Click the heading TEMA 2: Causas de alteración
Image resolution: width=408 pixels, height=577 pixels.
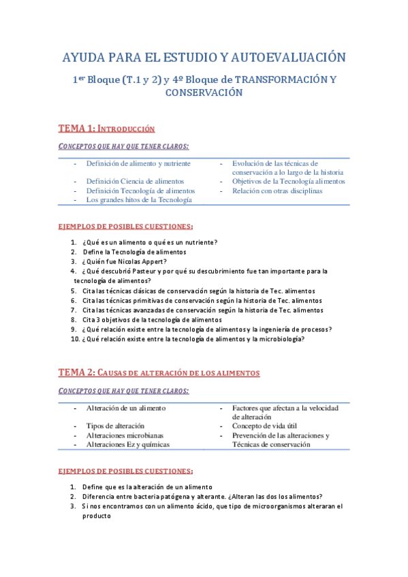coord(159,373)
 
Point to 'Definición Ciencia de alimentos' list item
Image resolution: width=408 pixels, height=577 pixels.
coord(135,182)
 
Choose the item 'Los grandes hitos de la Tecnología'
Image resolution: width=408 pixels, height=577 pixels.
coord(139,200)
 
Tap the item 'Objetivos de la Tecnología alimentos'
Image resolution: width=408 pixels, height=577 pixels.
coord(288,182)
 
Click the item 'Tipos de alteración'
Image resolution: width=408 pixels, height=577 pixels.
coord(115,426)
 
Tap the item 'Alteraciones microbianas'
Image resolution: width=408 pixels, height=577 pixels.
coord(125,435)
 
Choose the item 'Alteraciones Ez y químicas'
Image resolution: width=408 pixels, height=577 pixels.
coord(128,444)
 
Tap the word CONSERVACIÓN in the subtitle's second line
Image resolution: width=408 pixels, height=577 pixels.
coord(204,93)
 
